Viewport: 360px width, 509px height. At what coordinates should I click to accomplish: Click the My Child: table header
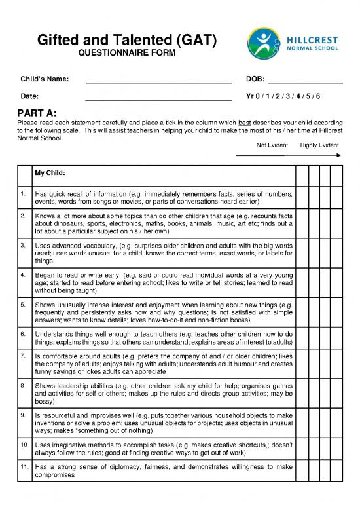pos(50,174)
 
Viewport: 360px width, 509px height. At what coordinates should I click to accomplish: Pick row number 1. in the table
pos(23,195)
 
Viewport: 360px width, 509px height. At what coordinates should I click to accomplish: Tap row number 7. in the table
pos(23,354)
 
